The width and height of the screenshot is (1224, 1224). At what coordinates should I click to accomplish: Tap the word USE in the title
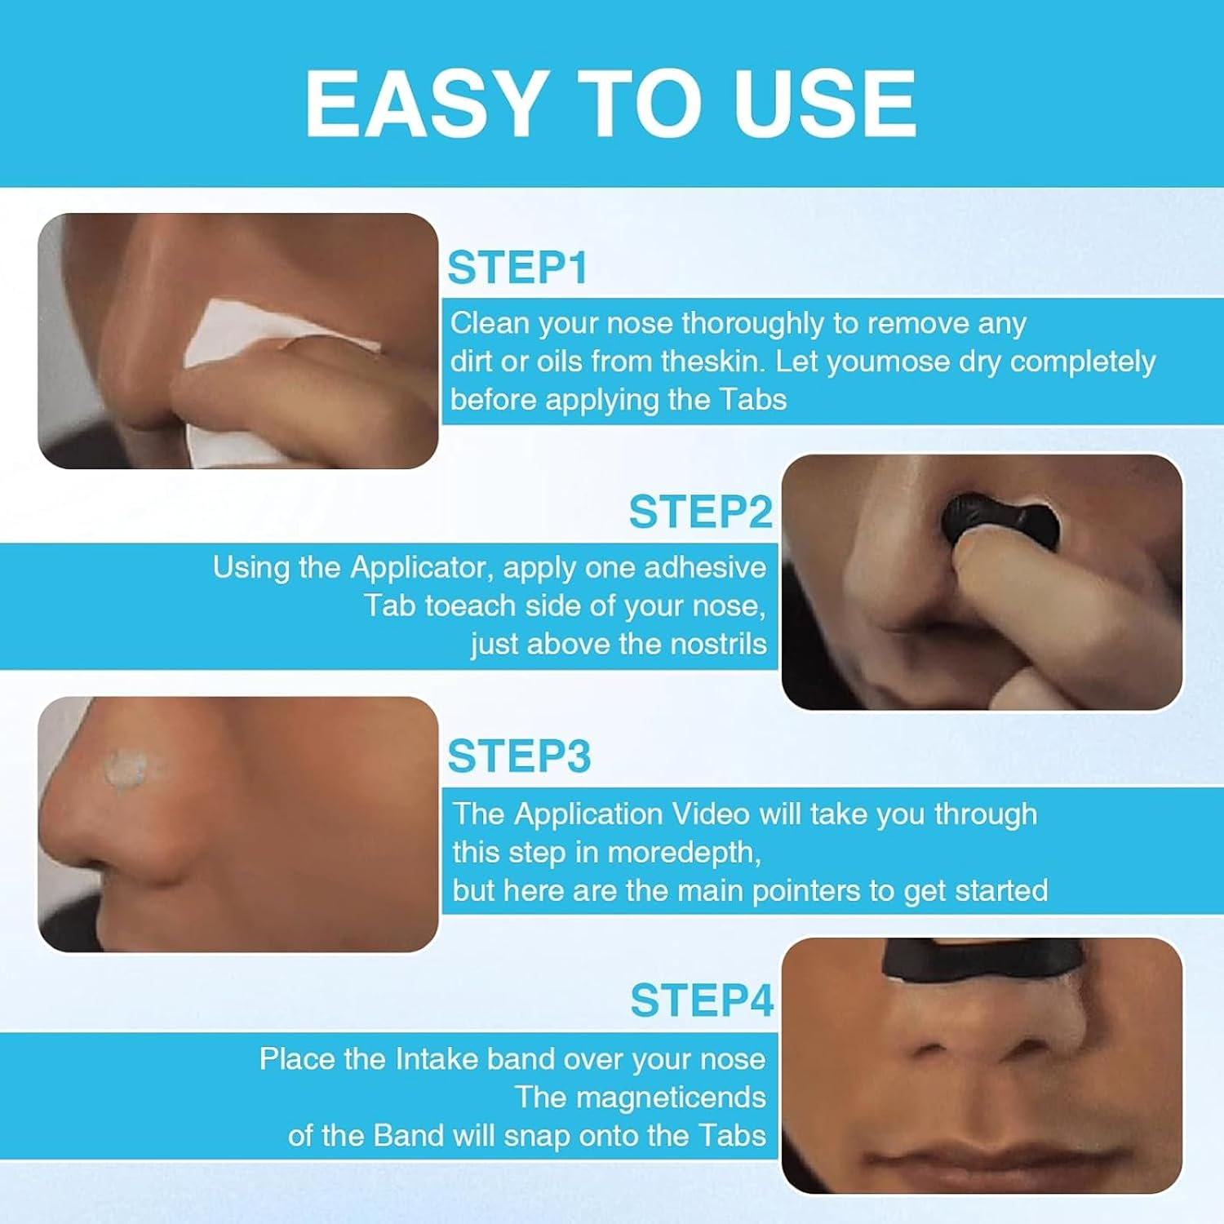[x=825, y=104]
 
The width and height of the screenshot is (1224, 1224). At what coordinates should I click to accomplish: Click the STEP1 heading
[x=517, y=268]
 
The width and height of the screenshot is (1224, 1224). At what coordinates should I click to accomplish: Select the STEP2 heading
[x=700, y=512]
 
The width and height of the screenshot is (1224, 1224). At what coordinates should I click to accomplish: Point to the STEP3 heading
[x=519, y=756]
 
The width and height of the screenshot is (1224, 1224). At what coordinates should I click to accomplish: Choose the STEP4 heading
[x=701, y=1000]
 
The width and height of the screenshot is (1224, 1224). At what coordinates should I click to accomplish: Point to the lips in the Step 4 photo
[x=979, y=1155]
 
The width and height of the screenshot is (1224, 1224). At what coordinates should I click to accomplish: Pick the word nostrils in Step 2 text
[x=718, y=644]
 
